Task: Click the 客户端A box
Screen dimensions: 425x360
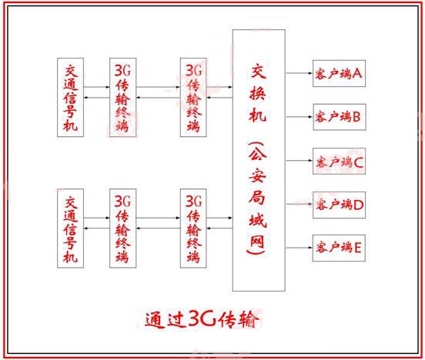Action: coord(339,73)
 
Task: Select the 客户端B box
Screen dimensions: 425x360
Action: coord(340,117)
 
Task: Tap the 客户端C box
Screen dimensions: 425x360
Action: coord(339,161)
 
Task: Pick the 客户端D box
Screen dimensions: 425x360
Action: coord(339,205)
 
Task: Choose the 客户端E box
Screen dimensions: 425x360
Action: coord(339,248)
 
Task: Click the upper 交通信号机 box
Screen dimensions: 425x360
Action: coord(71,97)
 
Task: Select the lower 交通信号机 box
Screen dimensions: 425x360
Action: coord(71,228)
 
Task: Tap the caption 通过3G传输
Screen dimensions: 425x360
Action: coord(201,319)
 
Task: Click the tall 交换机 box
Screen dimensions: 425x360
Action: coord(259,160)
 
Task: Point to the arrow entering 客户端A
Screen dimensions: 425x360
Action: coord(300,73)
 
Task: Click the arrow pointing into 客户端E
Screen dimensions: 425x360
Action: coord(300,248)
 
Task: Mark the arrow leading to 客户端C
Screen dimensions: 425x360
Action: coord(300,160)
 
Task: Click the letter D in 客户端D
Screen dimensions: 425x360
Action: coord(358,205)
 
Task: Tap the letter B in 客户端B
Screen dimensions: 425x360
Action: coord(356,117)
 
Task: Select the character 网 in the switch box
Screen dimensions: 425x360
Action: coord(257,240)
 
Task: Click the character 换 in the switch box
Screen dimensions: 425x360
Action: coord(257,92)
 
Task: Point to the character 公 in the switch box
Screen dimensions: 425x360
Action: coord(258,153)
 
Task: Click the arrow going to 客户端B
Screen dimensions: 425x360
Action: coord(300,117)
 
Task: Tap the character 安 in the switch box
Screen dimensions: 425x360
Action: coord(257,175)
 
